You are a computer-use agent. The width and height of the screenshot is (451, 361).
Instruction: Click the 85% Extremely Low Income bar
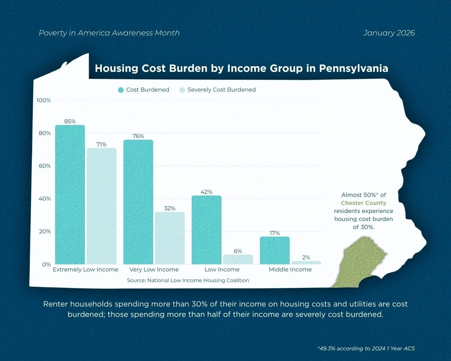point(70,195)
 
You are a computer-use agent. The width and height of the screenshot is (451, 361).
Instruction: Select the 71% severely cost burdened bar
point(102,206)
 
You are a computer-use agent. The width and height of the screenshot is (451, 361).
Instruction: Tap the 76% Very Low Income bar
point(138,202)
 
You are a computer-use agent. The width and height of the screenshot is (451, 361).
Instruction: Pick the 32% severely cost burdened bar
point(170,238)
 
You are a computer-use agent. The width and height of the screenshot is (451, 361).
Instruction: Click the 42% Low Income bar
point(206,230)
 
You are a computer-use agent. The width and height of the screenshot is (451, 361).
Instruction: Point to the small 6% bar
point(238,259)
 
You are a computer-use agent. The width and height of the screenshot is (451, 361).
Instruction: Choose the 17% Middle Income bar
point(275,250)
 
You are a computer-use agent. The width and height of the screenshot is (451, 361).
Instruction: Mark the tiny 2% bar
point(306,263)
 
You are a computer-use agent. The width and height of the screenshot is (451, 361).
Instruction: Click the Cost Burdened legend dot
point(121,90)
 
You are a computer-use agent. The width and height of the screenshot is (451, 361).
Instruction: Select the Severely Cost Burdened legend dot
point(182,90)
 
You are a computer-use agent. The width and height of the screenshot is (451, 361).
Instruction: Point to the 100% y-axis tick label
point(44,101)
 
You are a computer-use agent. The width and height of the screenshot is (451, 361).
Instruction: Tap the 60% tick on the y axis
point(45,166)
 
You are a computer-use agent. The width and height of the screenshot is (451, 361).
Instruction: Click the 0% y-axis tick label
point(46,264)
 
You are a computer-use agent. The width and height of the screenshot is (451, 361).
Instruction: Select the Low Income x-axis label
point(222,270)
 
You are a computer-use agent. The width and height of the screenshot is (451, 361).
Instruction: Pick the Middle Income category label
point(290,270)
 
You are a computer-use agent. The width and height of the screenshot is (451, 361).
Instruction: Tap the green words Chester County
point(363,203)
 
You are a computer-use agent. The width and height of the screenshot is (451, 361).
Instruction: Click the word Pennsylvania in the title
point(353,69)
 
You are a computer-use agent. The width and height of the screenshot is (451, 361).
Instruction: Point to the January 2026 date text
point(389,33)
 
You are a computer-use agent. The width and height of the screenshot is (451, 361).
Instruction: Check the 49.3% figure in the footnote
point(327,349)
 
